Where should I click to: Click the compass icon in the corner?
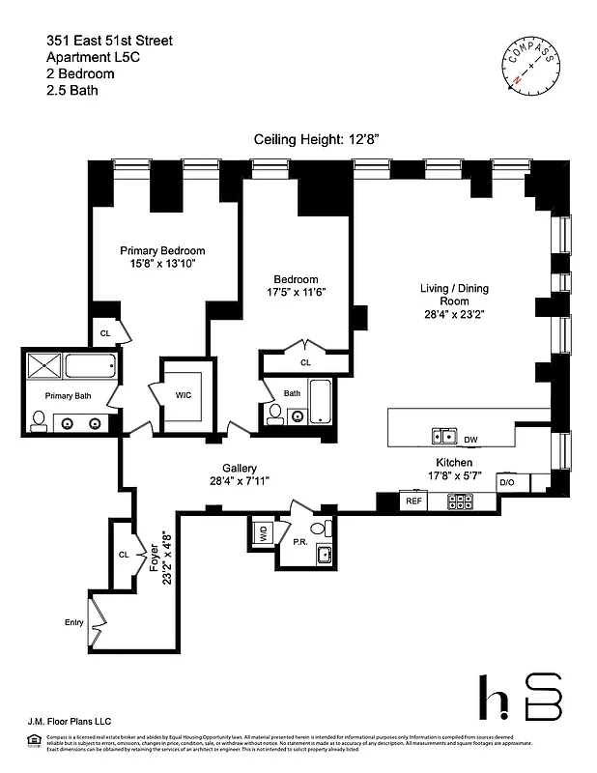[531, 63]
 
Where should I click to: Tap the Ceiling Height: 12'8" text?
[317, 139]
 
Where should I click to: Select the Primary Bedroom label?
[163, 250]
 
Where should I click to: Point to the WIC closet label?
[183, 394]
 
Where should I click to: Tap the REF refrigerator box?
[413, 501]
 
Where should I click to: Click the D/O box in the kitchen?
[507, 481]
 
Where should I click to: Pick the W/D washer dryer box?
[262, 530]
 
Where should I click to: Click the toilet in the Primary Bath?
[39, 420]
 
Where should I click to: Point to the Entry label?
[73, 622]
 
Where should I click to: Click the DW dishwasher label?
[470, 441]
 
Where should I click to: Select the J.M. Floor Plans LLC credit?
[60, 720]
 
